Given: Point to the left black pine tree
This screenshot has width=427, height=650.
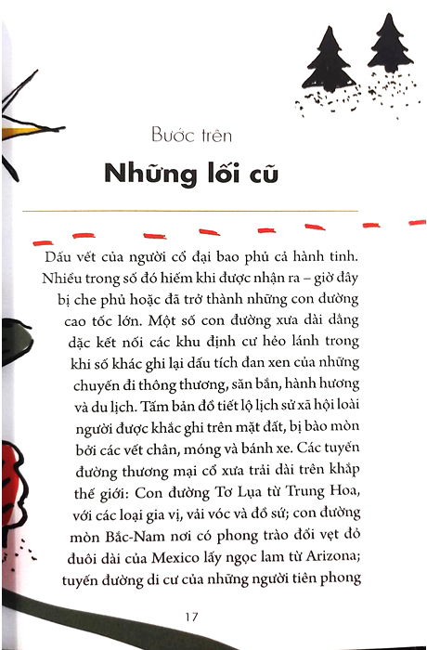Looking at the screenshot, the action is tap(330, 60).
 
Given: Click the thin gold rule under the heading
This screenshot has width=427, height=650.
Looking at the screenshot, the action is tap(213, 212).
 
